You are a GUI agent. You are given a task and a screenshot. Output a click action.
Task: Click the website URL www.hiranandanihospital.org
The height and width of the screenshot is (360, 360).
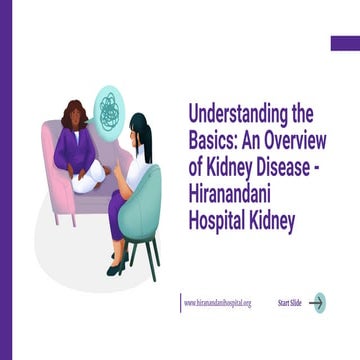point(218,303)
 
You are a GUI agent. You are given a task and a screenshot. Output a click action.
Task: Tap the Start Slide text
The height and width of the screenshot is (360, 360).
point(290,303)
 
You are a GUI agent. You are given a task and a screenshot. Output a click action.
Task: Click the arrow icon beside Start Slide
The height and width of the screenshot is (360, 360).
point(318,302)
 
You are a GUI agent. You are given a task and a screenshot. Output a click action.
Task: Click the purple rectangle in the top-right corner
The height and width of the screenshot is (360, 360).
point(344,43)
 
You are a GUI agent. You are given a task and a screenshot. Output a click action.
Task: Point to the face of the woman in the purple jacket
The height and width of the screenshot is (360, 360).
point(77,119)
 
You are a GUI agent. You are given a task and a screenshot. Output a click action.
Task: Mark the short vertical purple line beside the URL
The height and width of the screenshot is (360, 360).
point(181,302)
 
